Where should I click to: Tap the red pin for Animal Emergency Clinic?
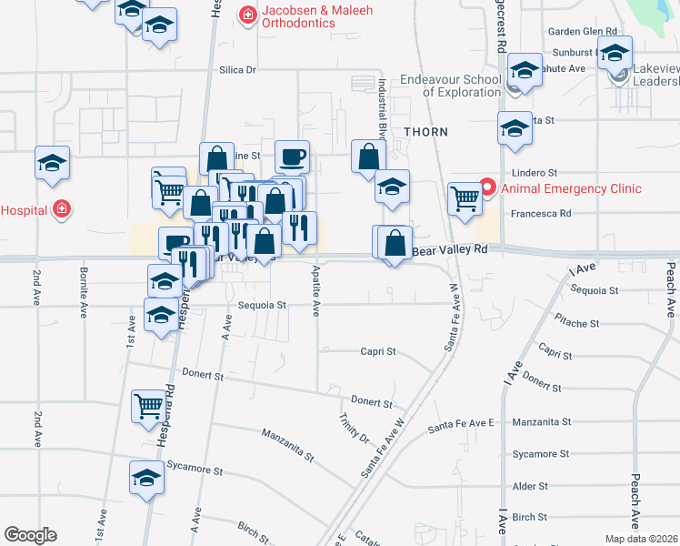(x=487, y=188)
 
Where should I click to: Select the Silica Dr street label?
(x=239, y=69)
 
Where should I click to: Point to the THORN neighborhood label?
(x=426, y=132)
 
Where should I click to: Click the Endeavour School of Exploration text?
(x=451, y=86)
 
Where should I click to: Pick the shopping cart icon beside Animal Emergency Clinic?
(x=465, y=197)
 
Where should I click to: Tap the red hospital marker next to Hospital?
(x=61, y=209)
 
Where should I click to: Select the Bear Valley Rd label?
(x=450, y=248)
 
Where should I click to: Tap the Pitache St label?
(x=576, y=323)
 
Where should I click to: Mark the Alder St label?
(x=530, y=486)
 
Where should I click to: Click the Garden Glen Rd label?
(x=583, y=31)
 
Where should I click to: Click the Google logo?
(x=30, y=535)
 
